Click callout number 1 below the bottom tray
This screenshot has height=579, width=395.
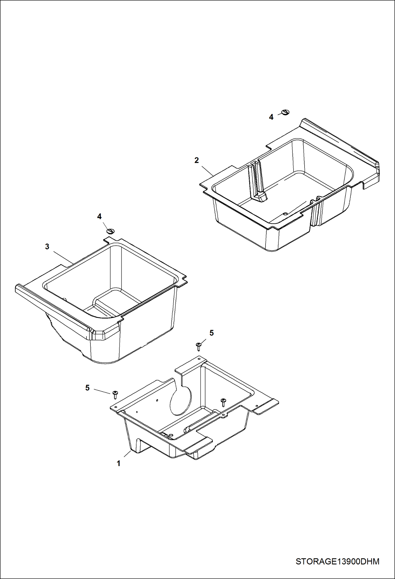[119, 463]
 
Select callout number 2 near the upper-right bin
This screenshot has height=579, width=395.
[196, 160]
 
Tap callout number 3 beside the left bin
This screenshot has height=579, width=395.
[47, 247]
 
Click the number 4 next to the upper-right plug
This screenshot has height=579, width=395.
[271, 117]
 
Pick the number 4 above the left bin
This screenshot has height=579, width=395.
[99, 216]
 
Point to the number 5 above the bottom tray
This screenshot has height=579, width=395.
[211, 333]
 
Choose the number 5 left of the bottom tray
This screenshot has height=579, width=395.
[88, 388]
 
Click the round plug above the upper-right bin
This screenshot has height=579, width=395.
[286, 112]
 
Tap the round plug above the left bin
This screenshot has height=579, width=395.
[110, 231]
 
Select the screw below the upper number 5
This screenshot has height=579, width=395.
[199, 346]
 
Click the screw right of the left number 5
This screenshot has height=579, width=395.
[115, 395]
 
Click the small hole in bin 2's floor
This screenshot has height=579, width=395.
[285, 213]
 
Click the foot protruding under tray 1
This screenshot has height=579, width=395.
[137, 446]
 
